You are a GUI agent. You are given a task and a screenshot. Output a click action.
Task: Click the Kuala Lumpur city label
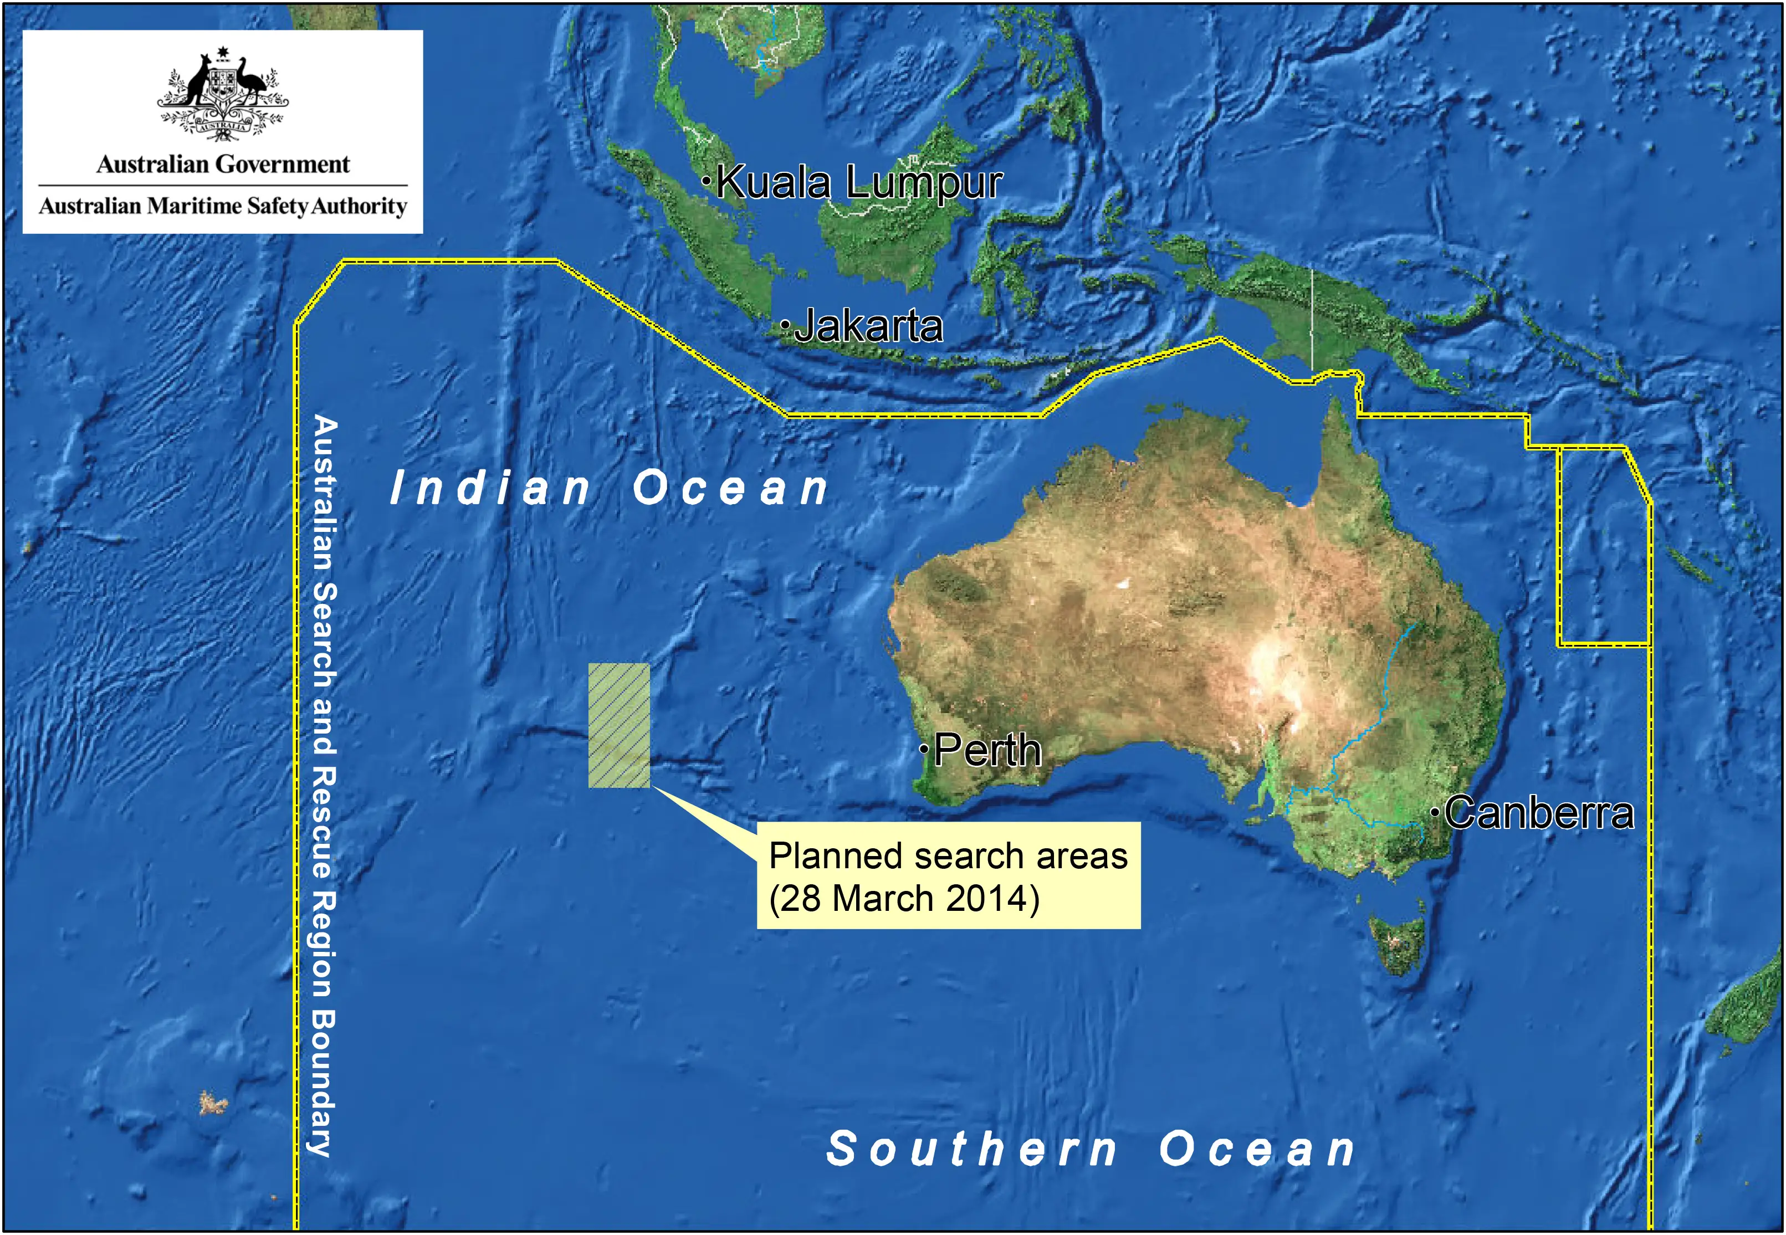[x=859, y=183]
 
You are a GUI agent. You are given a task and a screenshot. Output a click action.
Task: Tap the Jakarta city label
[x=868, y=326]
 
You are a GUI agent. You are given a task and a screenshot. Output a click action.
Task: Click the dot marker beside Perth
[x=924, y=749]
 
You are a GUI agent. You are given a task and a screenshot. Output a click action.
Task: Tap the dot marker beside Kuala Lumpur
[x=707, y=182]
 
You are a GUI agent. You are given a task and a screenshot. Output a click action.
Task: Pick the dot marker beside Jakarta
[x=785, y=325]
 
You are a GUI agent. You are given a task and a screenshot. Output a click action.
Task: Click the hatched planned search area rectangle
[x=618, y=725]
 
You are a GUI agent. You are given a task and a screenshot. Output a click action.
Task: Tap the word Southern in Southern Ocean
[x=972, y=1149]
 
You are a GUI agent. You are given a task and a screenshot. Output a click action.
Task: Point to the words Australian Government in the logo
[x=223, y=164]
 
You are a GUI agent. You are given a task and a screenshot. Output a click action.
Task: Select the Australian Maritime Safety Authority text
[x=223, y=207]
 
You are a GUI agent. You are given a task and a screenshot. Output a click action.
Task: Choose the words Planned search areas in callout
[x=948, y=857]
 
